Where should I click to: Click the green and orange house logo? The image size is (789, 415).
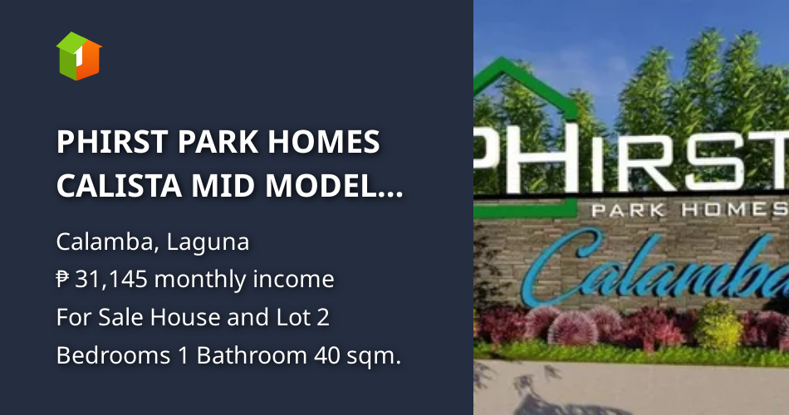click(x=78, y=56)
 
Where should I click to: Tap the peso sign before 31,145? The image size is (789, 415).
click(x=63, y=280)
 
